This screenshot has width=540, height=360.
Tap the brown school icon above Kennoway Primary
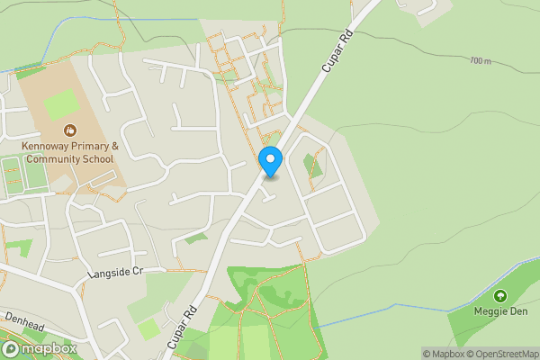coord(69,131)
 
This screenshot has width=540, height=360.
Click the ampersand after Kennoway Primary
coord(114,146)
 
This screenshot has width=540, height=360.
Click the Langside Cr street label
coord(116,273)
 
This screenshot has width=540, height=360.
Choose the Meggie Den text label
coord(499,311)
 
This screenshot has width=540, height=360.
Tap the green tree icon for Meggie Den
coord(499,295)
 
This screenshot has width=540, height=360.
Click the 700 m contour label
coord(480,60)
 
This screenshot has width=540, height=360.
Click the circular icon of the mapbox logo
coord(11,348)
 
